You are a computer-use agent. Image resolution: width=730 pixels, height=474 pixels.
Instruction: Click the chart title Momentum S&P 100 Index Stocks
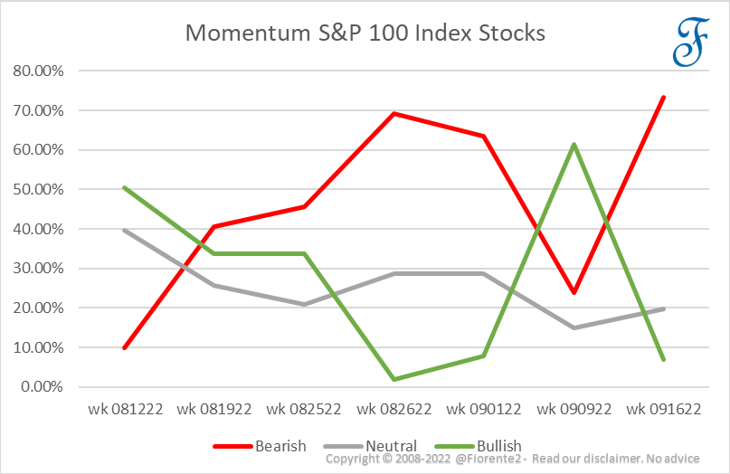365,33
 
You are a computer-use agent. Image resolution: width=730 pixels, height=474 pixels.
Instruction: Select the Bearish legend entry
261,446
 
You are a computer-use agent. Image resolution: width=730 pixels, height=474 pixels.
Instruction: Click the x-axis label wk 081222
125,409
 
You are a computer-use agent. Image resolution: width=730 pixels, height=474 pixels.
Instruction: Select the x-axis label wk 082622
394,409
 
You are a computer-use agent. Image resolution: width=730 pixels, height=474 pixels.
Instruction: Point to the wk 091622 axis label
663,409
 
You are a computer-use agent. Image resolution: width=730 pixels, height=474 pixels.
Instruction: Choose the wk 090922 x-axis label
574,409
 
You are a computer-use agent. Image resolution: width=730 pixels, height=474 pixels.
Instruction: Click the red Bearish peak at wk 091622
663,97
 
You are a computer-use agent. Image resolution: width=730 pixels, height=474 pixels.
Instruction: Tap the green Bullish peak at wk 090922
574,144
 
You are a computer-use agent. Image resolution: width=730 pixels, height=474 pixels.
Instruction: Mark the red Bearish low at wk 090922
574,292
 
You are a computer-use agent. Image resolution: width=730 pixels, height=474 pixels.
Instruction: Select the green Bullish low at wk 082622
394,379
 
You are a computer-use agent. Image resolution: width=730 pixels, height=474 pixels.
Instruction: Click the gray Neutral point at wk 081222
125,230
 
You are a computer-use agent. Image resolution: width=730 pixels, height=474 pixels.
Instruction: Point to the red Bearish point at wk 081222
125,347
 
